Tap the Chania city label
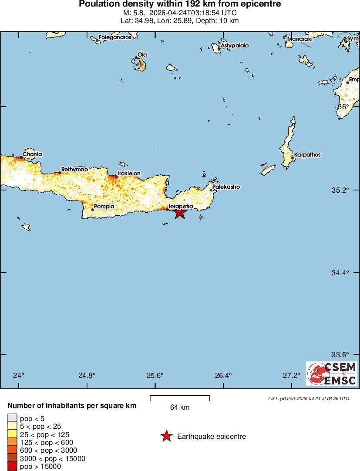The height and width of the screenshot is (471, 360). (x=32, y=154)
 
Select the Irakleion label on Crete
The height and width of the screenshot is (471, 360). (x=129, y=173)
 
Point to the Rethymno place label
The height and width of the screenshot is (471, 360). (x=74, y=169)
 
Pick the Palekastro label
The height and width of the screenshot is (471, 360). (x=226, y=187)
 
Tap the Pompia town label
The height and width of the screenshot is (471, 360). (x=104, y=206)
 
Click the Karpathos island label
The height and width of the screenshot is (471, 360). (x=307, y=154)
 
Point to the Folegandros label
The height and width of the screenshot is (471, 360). (x=115, y=37)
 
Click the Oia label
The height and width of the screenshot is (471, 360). (x=142, y=55)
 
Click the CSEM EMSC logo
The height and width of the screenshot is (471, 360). (x=332, y=374)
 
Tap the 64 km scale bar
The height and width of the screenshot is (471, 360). (x=180, y=398)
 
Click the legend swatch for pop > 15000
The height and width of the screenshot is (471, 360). (x=12, y=467)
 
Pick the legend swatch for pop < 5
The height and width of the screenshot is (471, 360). (x=12, y=418)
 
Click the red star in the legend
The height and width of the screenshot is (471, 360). (x=166, y=436)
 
